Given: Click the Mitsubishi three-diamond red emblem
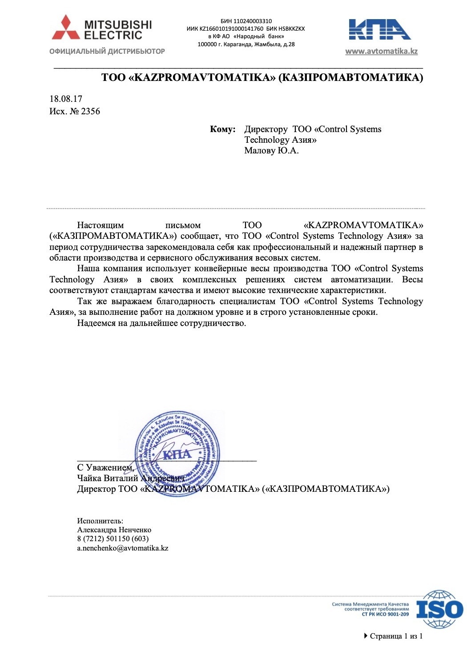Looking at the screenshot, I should pos(66,28).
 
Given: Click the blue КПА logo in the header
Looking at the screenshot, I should pos(380,29).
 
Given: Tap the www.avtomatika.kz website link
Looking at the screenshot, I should pos(381,51).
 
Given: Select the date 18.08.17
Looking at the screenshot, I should pos(66,99).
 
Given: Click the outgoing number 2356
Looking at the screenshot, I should pos(90,111).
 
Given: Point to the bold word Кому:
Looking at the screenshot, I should pos(223,129).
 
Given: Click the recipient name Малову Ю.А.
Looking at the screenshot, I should pos(271,151).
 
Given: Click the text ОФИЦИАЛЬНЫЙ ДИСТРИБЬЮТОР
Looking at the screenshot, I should pos(107,52).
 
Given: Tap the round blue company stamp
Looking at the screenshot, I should pos(177,454).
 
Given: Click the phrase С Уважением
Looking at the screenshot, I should pos(105,467).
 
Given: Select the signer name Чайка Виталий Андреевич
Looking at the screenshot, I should pos(130,478).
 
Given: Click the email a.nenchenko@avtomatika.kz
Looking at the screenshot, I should pos(123,548).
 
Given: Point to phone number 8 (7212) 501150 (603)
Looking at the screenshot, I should pos(113,539).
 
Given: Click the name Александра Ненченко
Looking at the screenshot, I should pos(114,530).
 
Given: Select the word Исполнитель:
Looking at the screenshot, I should pos(100,521).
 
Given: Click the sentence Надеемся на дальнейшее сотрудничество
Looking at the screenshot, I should pos(161,323).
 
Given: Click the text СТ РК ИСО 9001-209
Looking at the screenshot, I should pos(385,615).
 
